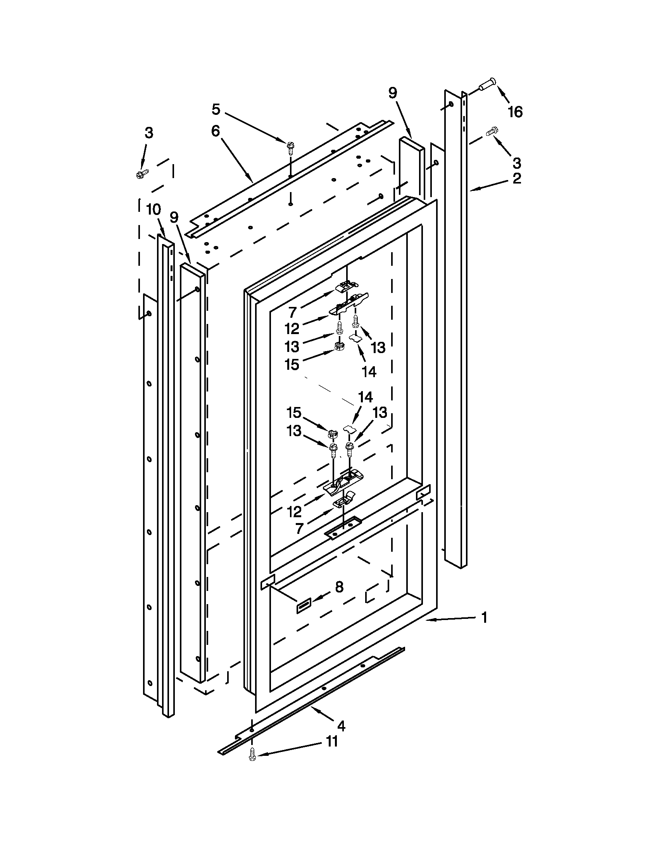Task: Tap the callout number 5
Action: (x=216, y=109)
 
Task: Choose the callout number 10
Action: (x=154, y=210)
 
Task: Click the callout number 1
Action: (x=485, y=618)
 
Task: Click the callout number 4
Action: (x=341, y=726)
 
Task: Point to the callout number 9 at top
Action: (x=393, y=93)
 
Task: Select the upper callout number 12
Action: (x=292, y=329)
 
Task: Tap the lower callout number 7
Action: (x=299, y=529)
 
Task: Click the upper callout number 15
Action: (x=292, y=364)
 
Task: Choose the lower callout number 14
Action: (x=366, y=398)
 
